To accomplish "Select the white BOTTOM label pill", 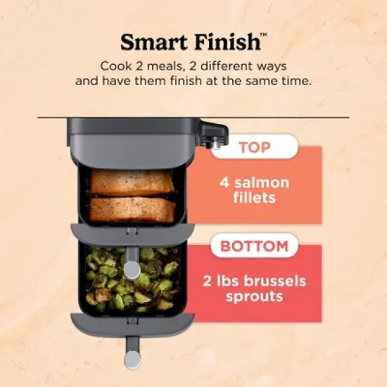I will (x=254, y=246).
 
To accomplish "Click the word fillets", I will (x=253, y=199).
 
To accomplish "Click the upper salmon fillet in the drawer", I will (x=133, y=182).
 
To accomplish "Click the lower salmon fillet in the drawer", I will (x=133, y=208).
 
